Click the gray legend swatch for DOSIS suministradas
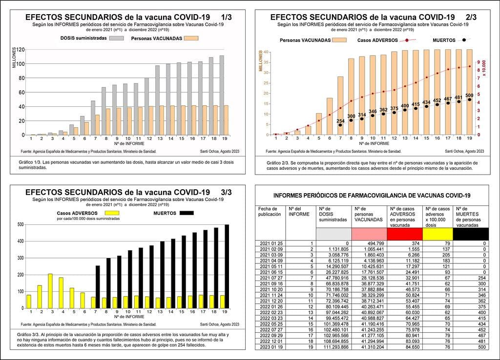[116, 38]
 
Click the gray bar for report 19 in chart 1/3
[222, 95]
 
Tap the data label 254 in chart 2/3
[340, 120]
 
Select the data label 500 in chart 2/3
[469, 95]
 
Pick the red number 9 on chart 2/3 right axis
[479, 62]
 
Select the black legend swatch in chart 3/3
[187, 213]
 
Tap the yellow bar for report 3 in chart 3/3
[50, 291]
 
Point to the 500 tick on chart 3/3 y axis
[20, 224]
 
